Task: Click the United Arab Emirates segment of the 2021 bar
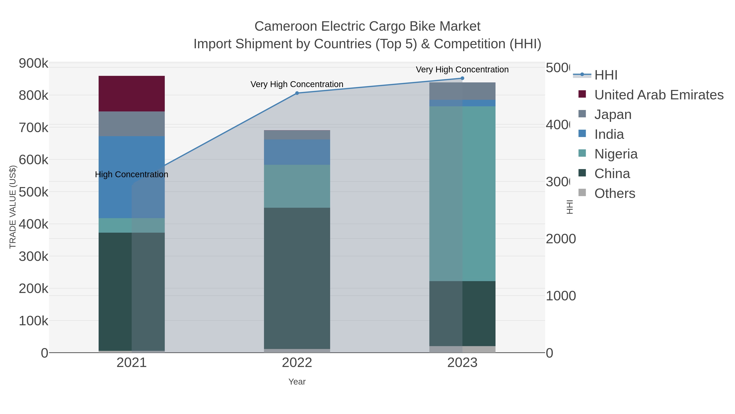tap(131, 93)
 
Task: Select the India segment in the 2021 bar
tap(131, 177)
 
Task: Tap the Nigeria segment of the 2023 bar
tap(462, 194)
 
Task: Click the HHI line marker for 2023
tap(462, 78)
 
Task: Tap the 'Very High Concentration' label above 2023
tap(462, 70)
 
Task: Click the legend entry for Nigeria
tap(616, 154)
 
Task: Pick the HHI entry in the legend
tap(606, 75)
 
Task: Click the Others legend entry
tap(615, 193)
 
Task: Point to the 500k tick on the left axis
tap(33, 192)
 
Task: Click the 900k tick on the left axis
tap(33, 63)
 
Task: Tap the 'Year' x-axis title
tap(297, 382)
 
